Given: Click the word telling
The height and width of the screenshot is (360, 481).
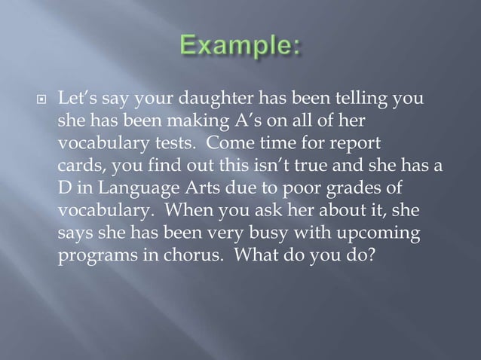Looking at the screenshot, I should [x=366, y=99].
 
